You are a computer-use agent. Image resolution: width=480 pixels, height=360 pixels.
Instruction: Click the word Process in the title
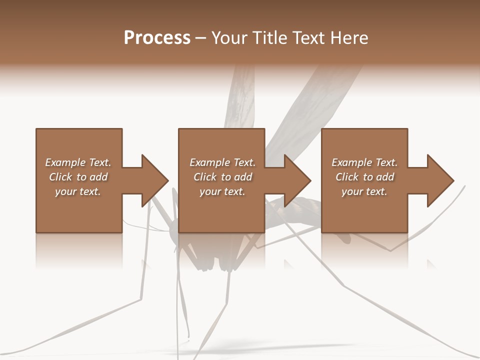[x=157, y=38]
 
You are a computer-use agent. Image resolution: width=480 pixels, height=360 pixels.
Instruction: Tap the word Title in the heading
[x=271, y=38]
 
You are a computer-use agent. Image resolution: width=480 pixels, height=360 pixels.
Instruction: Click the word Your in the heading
[x=230, y=38]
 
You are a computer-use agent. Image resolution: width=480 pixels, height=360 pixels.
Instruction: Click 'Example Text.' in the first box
[x=78, y=162]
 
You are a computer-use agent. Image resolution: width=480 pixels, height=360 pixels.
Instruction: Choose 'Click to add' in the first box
[x=78, y=177]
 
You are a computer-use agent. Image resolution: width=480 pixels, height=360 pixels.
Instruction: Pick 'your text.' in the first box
[x=78, y=191]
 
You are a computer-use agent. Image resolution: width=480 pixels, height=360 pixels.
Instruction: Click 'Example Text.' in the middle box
[x=222, y=162]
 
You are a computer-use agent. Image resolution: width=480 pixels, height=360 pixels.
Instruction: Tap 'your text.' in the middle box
[x=222, y=191]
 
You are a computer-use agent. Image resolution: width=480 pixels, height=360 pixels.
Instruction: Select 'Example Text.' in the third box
[x=364, y=162]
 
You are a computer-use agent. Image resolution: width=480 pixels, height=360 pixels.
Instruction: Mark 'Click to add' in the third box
[x=364, y=177]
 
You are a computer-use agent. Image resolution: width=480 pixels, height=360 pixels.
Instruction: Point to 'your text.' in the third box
[x=364, y=191]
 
